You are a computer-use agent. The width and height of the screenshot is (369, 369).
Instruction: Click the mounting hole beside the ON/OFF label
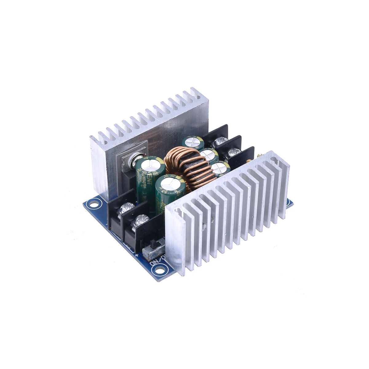[159, 270]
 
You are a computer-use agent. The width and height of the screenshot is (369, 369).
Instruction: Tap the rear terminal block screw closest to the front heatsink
[235, 151]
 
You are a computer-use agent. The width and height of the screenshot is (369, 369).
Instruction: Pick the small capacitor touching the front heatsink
[220, 168]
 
